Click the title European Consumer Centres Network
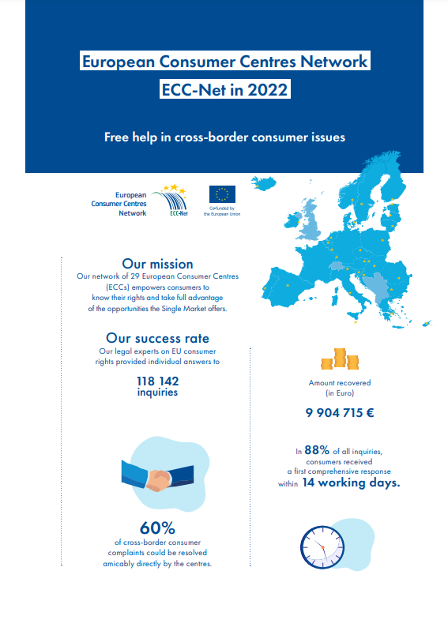click(224, 61)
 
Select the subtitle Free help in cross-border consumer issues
click(224, 137)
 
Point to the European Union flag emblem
click(222, 194)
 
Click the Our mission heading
click(157, 263)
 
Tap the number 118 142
click(157, 381)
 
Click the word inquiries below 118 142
click(157, 392)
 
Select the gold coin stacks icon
click(340, 360)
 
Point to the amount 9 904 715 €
click(340, 412)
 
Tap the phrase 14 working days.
click(351, 483)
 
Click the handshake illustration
click(157, 477)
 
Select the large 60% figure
click(157, 528)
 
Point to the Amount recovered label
click(340, 383)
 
